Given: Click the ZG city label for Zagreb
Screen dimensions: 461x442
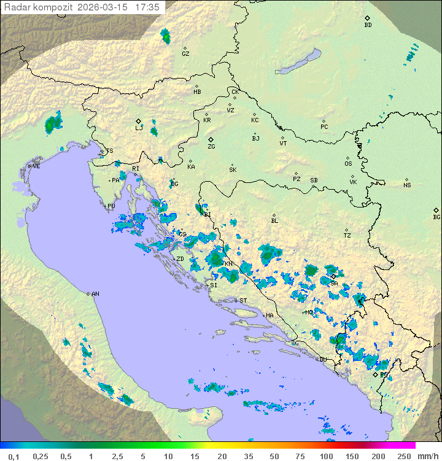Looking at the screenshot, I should [x=211, y=147].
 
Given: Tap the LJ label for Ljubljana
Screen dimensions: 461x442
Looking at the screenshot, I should [x=139, y=128].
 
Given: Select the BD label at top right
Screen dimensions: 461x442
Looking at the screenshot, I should [x=368, y=25].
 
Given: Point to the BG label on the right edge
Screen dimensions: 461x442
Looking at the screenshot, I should [x=436, y=217].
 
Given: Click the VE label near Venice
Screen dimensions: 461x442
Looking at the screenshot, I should [x=36, y=166].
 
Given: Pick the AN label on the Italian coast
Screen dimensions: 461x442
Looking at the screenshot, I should [x=95, y=294].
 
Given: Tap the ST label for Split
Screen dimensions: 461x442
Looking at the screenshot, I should [x=243, y=300].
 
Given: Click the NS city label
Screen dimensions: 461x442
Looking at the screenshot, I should [x=407, y=185].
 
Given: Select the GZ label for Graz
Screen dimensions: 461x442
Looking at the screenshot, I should [x=185, y=54].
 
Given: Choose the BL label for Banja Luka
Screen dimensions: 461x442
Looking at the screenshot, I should [x=274, y=221].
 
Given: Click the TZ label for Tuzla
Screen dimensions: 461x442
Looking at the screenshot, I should [x=347, y=236].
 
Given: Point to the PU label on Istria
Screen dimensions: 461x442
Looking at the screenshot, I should [x=111, y=206].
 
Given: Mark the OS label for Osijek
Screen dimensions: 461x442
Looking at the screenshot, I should [x=348, y=164].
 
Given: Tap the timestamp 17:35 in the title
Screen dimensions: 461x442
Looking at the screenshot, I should [x=147, y=7].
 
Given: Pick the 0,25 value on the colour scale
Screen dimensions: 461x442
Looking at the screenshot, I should [x=41, y=456].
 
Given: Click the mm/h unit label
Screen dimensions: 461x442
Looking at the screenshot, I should [x=427, y=456].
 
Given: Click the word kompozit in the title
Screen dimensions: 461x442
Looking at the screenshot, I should [x=52, y=7].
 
